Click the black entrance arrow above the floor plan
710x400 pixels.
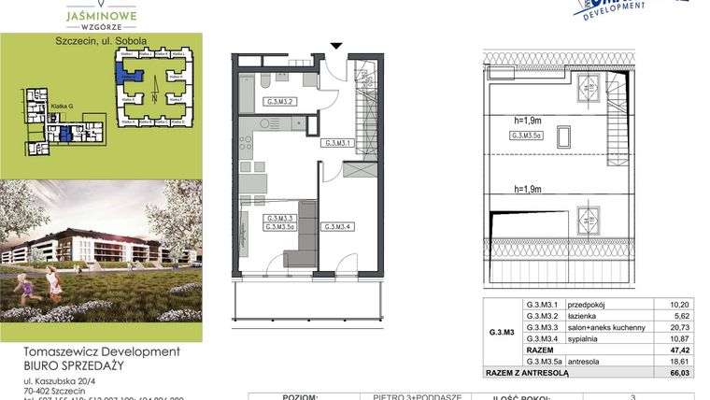click(337, 45)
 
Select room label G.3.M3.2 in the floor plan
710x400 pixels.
click(281, 102)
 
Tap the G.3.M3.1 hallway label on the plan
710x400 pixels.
click(336, 144)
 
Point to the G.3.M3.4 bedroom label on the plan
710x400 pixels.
click(337, 226)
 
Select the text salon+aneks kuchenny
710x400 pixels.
click(605, 328)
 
